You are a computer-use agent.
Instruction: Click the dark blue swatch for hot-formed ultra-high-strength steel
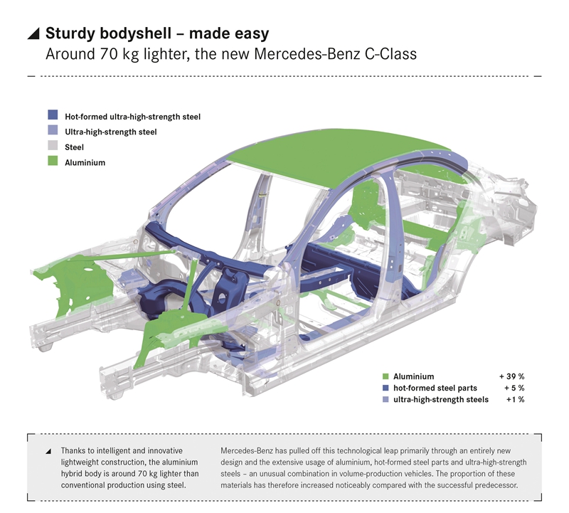(53, 115)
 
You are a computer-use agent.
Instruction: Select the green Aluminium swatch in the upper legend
(53, 163)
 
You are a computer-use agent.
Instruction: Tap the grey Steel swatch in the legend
(53, 147)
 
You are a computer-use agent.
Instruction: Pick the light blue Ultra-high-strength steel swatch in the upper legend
(53, 132)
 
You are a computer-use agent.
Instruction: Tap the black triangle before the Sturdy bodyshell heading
(33, 33)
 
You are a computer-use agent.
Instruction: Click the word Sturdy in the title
(69, 33)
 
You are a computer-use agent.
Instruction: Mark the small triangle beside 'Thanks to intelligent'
(48, 451)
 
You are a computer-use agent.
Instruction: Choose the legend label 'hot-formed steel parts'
(435, 388)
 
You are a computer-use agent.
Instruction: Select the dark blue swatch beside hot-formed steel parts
(386, 388)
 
